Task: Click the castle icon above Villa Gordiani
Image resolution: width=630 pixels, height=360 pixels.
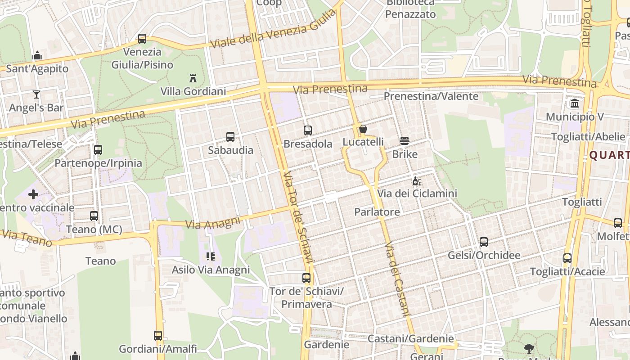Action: pos(193,78)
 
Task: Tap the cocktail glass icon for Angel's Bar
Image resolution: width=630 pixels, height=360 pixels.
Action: pos(36,94)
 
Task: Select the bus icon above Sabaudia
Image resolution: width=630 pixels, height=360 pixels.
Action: pos(230,137)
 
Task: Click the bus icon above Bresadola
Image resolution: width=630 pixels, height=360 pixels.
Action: pos(308,130)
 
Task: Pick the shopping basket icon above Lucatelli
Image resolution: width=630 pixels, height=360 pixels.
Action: pos(363,129)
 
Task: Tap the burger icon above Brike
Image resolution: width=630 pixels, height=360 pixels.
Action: pos(405,141)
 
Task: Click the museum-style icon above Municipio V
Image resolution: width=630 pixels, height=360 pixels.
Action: pos(575,104)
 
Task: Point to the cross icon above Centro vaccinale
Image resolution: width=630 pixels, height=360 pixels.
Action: pos(33,194)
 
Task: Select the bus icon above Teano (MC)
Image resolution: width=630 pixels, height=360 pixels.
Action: pos(94,216)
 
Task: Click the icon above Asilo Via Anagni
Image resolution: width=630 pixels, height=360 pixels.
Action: pos(211,256)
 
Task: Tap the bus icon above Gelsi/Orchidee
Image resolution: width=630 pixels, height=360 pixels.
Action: pos(484,242)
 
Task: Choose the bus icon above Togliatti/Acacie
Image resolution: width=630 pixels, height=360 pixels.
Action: pos(567,258)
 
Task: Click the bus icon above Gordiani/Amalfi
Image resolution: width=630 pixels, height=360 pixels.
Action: pos(158,335)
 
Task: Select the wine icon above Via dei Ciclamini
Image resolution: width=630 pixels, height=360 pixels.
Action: pos(417,181)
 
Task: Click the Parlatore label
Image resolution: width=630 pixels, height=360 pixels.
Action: pos(377,212)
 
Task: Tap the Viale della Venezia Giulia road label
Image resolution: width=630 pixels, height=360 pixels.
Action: pos(273,29)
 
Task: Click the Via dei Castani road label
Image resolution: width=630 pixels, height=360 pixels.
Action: pos(398,279)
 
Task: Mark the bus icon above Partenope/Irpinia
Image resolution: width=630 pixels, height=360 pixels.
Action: pos(98,150)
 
